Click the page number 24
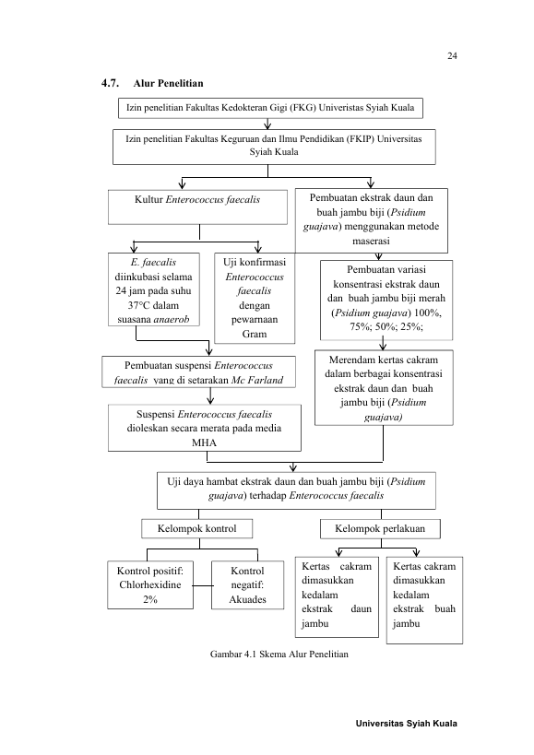point(452,56)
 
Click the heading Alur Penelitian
point(168,83)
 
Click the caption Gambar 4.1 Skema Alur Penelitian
point(279,655)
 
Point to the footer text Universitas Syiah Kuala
point(407,724)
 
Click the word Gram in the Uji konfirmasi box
point(255,334)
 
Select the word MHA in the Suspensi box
point(204,442)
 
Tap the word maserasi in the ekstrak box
point(371,241)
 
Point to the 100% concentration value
point(427,313)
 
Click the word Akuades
point(247,599)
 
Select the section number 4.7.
point(111,83)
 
